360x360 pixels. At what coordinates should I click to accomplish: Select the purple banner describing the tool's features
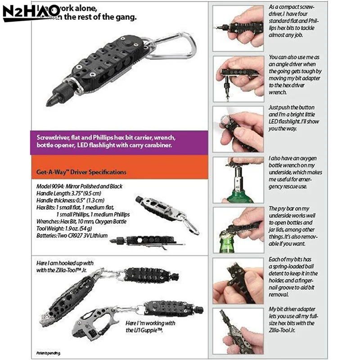(x=119, y=142)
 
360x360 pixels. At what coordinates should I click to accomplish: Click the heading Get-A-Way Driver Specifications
(x=81, y=172)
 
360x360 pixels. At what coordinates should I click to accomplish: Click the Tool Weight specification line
(x=70, y=229)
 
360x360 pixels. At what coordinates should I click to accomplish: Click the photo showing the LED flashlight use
(x=238, y=128)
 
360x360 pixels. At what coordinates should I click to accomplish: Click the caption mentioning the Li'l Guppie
(x=144, y=327)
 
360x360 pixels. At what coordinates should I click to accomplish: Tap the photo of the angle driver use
(x=238, y=77)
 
